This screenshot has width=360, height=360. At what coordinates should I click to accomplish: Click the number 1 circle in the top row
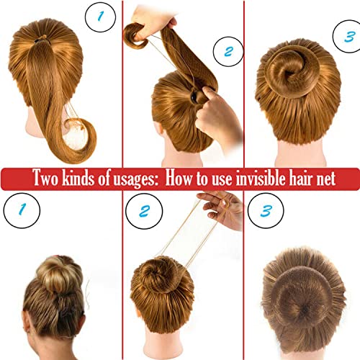100,17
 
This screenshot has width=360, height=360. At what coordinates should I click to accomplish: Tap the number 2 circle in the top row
228,52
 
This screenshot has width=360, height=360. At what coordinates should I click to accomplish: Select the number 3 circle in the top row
348,37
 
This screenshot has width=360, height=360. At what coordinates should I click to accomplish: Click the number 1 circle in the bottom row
22,210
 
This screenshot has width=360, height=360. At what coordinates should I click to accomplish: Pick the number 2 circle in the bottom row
144,211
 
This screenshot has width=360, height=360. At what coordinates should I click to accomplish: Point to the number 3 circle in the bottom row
266,211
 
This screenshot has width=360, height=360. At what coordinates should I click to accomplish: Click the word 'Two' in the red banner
45,178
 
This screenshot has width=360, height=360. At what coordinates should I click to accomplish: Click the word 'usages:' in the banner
135,179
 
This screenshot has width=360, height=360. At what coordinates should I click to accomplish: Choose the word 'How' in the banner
179,178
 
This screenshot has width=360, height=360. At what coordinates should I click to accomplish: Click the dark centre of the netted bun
305,310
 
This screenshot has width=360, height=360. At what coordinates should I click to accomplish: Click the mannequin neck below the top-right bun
301,153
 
